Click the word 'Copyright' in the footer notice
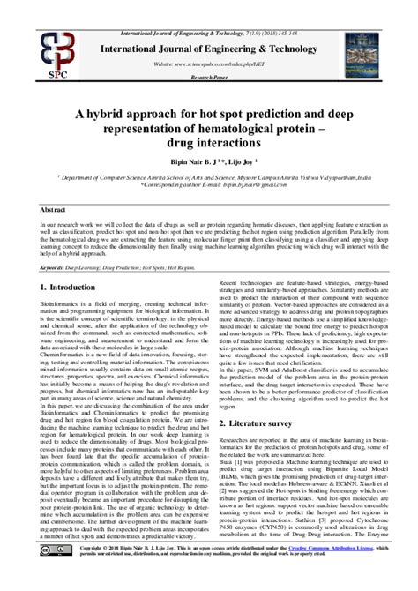pos(91,572)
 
